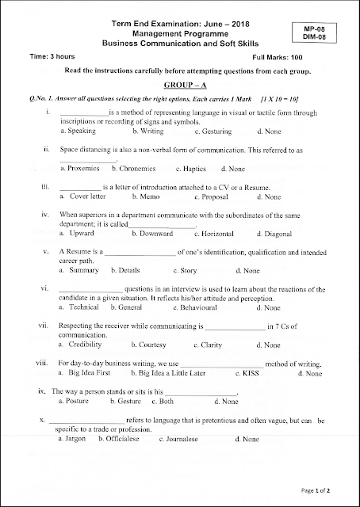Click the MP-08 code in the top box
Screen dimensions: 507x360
(327, 27)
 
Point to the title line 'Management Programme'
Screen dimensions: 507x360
(181, 36)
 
